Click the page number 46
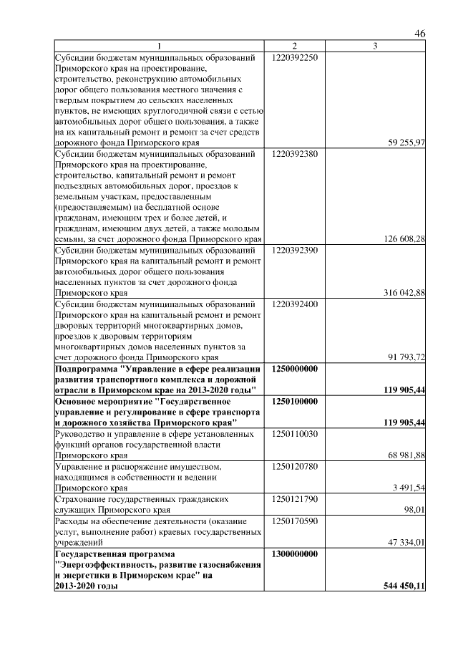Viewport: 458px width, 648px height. pyautogui.click(x=420, y=34)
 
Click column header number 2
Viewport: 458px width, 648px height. pyautogui.click(x=294, y=47)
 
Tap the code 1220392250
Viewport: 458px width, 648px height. pyautogui.click(x=295, y=57)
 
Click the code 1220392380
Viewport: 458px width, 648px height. pyautogui.click(x=295, y=154)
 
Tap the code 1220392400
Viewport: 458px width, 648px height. pyautogui.click(x=295, y=304)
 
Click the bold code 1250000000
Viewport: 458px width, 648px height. pyautogui.click(x=295, y=368)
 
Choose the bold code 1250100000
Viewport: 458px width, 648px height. pyautogui.click(x=295, y=402)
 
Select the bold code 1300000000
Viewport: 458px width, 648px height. pyautogui.click(x=295, y=554)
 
